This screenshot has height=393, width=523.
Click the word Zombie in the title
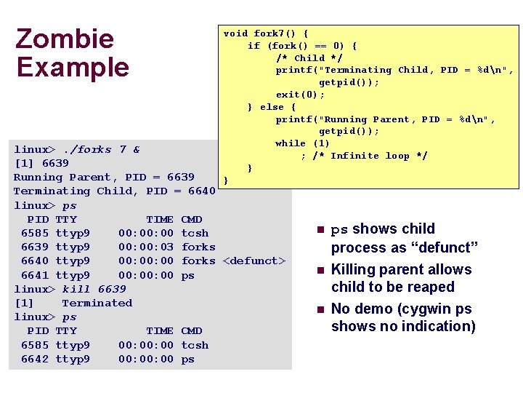click(65, 39)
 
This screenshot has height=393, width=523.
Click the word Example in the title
click(73, 67)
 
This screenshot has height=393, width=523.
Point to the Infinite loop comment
click(370, 156)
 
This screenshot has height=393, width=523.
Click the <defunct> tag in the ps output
click(254, 261)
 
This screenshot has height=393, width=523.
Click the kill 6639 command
click(94, 289)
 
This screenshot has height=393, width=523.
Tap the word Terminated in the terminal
click(97, 303)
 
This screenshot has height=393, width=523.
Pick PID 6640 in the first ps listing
click(35, 261)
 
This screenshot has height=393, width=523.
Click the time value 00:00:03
click(146, 247)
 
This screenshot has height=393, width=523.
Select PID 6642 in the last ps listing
click(35, 359)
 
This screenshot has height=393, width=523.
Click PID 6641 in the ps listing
click(35, 275)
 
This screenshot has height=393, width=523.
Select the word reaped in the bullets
click(430, 287)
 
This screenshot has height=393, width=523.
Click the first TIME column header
click(160, 219)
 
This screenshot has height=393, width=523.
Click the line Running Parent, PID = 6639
click(104, 177)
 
